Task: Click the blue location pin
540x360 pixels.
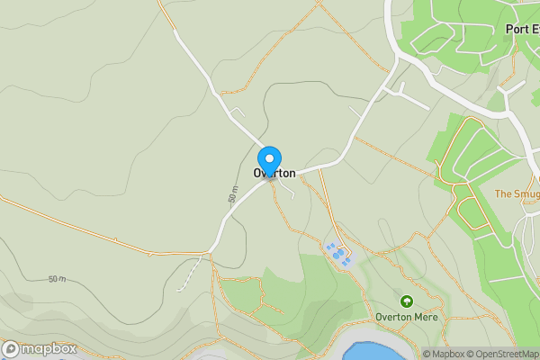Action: [269, 160]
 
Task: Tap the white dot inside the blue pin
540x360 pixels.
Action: [269, 157]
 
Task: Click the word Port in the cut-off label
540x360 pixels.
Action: [516, 29]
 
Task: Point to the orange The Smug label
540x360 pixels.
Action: [516, 193]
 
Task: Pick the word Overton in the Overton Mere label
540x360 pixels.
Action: [391, 318]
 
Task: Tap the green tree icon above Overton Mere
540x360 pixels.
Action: [406, 301]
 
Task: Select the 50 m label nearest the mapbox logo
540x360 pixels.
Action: [57, 279]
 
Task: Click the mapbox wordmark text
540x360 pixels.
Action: [49, 349]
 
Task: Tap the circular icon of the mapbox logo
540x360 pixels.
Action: [11, 349]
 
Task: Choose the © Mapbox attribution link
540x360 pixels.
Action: [445, 354]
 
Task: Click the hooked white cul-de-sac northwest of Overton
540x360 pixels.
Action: [238, 112]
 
